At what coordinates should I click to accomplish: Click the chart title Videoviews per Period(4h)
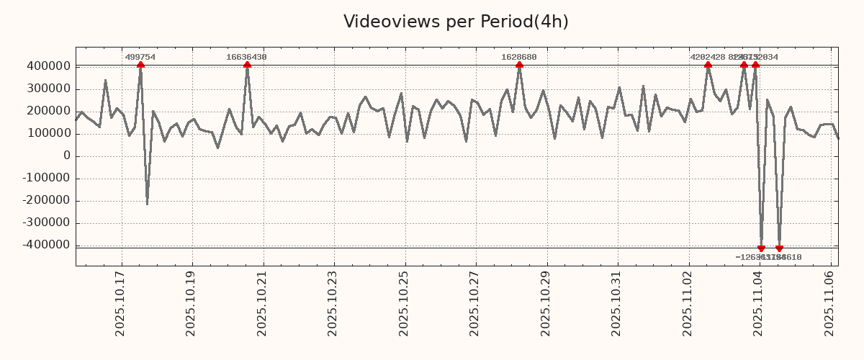tap(456, 22)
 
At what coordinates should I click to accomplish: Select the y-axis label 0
tap(66, 156)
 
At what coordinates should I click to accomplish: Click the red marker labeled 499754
tap(140, 66)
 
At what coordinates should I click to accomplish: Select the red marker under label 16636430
tap(247, 66)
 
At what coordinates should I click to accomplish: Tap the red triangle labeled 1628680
tap(519, 66)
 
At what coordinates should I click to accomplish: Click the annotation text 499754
tap(140, 57)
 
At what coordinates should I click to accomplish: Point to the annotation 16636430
tap(247, 57)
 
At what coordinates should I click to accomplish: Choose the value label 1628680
tap(519, 57)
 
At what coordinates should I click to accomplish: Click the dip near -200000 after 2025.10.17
tap(147, 203)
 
